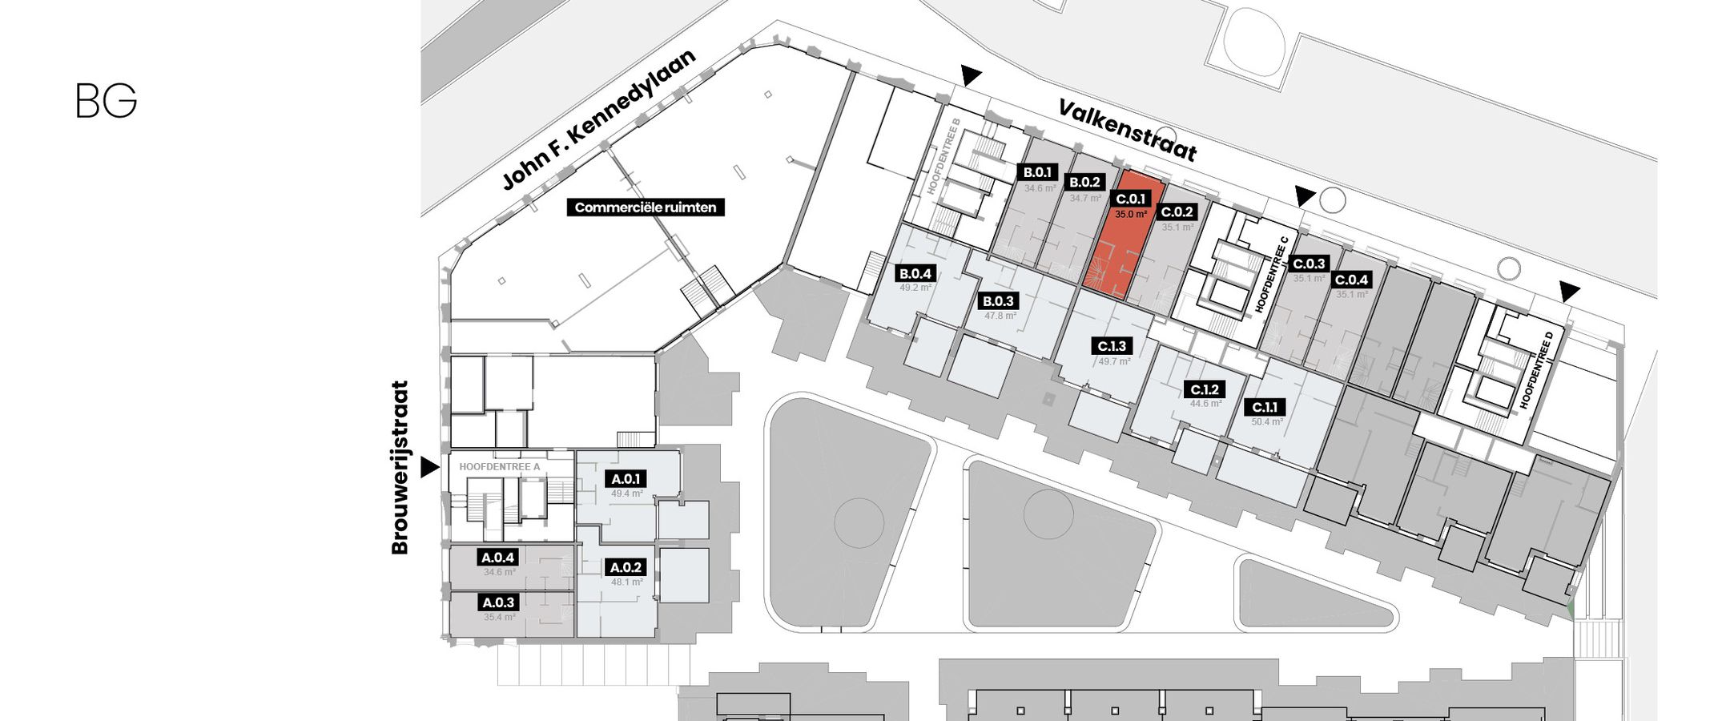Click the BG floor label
pos(107,101)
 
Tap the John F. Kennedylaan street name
pos(598,119)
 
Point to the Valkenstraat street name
pos(1128,130)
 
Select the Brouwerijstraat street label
pos(400,467)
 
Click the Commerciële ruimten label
pos(646,207)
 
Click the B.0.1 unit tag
pos(1038,172)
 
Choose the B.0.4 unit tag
pos(915,273)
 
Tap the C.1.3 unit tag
pos(1112,346)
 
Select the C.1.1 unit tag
pos(1265,407)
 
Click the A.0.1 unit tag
pos(626,479)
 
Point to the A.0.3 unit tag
pos(498,602)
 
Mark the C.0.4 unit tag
pos(1351,280)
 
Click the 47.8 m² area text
pos(1000,316)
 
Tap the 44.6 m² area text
pos(1206,404)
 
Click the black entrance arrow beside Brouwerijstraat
pos(429,467)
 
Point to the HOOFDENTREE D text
pos(1536,370)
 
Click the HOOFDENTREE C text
pos(1272,274)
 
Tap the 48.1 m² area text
pos(627,582)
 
